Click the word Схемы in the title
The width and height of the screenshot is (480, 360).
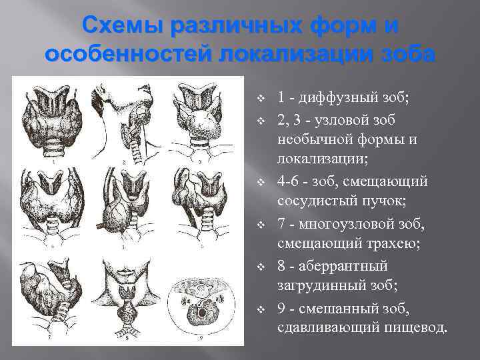(122, 28)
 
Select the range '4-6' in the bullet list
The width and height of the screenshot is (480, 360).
(289, 182)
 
